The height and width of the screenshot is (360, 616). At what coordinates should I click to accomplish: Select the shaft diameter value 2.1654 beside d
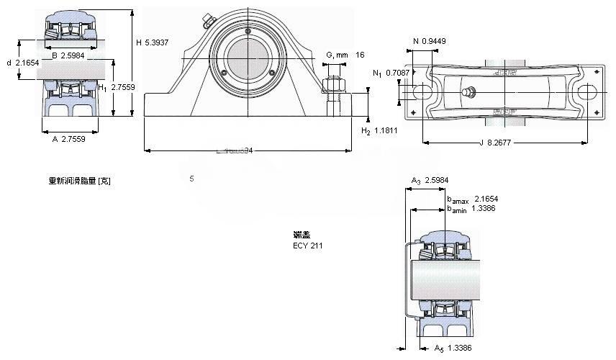[27, 63]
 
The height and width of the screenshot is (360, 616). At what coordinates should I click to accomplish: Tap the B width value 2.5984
[74, 55]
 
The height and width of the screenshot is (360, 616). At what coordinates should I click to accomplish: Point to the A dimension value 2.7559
[73, 139]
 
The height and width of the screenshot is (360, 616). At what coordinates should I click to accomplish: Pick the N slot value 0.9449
[434, 41]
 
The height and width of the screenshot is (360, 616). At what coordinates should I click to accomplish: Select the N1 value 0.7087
[397, 73]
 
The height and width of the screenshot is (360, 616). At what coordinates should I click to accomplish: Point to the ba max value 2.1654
[486, 199]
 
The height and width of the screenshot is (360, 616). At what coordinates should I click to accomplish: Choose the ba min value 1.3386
[486, 209]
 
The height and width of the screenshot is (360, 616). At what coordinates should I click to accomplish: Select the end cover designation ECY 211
[308, 246]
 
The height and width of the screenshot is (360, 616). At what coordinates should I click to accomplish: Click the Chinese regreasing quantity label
[79, 181]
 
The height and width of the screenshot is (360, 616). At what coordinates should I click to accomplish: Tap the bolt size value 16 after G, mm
[360, 55]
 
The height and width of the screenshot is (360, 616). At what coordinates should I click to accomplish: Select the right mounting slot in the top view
[586, 92]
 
